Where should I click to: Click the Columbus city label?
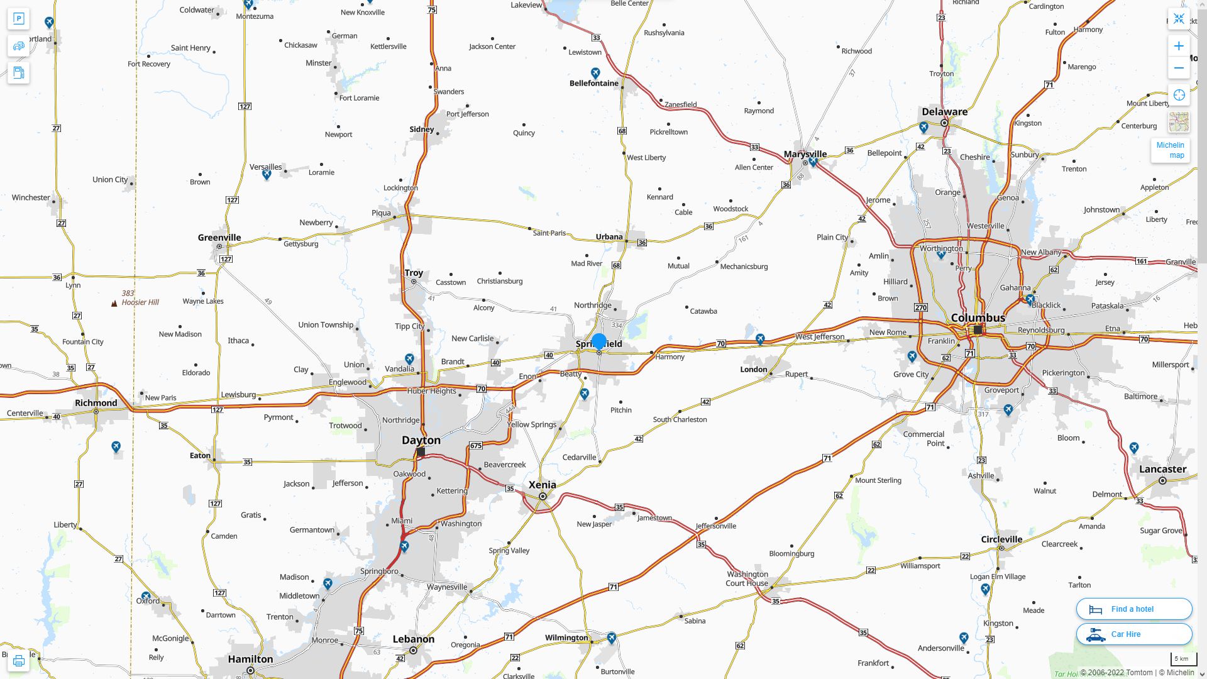(978, 317)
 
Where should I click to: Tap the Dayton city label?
(421, 440)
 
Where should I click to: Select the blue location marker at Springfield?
(599, 341)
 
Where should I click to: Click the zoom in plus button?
(1179, 46)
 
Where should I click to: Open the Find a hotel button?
(1133, 609)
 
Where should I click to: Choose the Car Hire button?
(1133, 634)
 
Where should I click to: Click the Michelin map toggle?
(1170, 150)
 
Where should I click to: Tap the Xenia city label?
(543, 484)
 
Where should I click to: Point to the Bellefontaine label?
(594, 83)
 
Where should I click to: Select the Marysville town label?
(805, 154)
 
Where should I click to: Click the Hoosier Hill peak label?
(140, 302)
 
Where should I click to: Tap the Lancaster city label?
(1162, 469)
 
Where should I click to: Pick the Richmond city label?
(96, 403)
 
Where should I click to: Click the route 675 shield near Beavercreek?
(475, 446)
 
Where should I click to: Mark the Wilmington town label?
(566, 638)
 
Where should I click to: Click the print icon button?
(18, 660)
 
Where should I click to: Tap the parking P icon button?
(18, 18)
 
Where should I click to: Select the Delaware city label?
(944, 112)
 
